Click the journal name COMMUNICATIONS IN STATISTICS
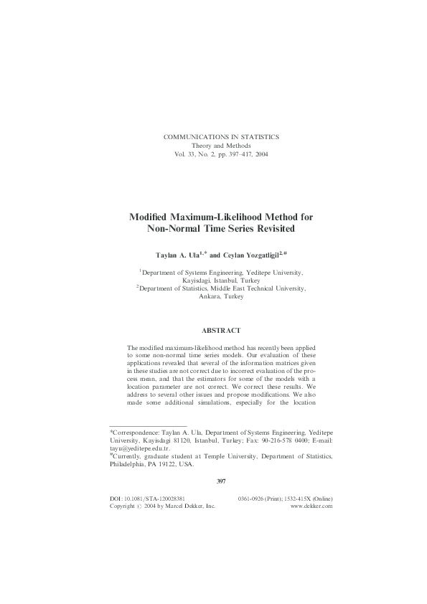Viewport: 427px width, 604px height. point(222,136)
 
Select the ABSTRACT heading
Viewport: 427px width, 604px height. point(221,332)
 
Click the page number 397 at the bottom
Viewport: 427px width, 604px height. point(221,481)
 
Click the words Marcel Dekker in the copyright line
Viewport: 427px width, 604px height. point(190,506)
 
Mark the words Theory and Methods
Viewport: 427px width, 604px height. point(222,145)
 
